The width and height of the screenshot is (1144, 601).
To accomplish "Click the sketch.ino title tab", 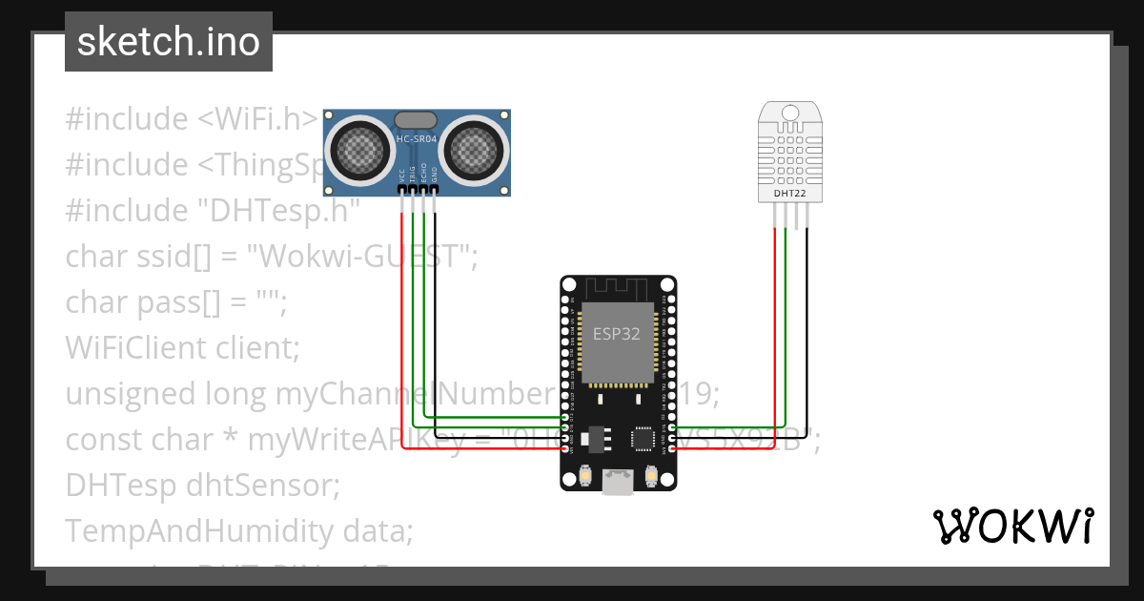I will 169,42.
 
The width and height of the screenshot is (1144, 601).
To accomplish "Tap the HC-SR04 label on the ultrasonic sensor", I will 417,139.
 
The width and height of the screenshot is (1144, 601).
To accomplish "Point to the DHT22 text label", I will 789,193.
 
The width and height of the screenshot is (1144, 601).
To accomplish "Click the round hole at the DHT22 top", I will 789,113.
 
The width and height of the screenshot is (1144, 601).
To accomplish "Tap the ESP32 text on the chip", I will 617,334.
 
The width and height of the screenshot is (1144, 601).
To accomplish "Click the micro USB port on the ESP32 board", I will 618,483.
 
